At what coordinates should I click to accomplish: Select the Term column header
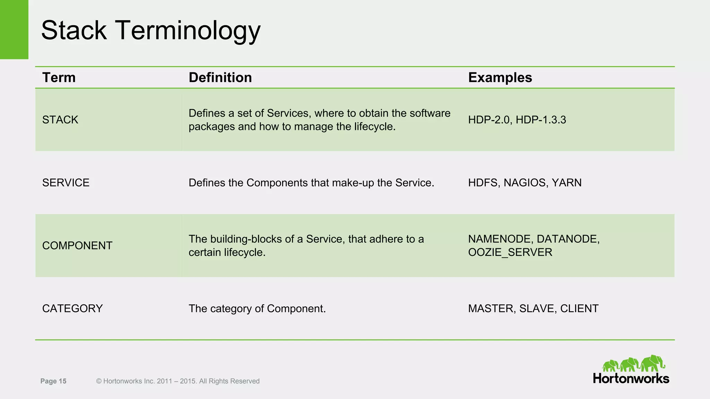[x=59, y=78]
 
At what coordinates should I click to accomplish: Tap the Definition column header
[x=220, y=78]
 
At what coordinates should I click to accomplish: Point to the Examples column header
[x=500, y=78]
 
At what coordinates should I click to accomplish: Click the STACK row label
[x=60, y=120]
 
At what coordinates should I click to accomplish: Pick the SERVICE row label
[x=66, y=183]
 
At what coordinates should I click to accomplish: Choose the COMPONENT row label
[x=77, y=246]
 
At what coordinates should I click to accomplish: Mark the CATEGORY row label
[x=72, y=309]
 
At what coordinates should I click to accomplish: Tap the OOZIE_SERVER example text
[x=510, y=252]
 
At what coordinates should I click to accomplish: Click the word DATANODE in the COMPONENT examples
[x=568, y=239]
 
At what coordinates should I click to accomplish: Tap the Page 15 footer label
[x=53, y=381]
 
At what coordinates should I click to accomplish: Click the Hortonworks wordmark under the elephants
[x=631, y=379]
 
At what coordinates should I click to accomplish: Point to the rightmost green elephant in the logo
[x=653, y=363]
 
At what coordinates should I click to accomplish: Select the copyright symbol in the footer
[x=99, y=381]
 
